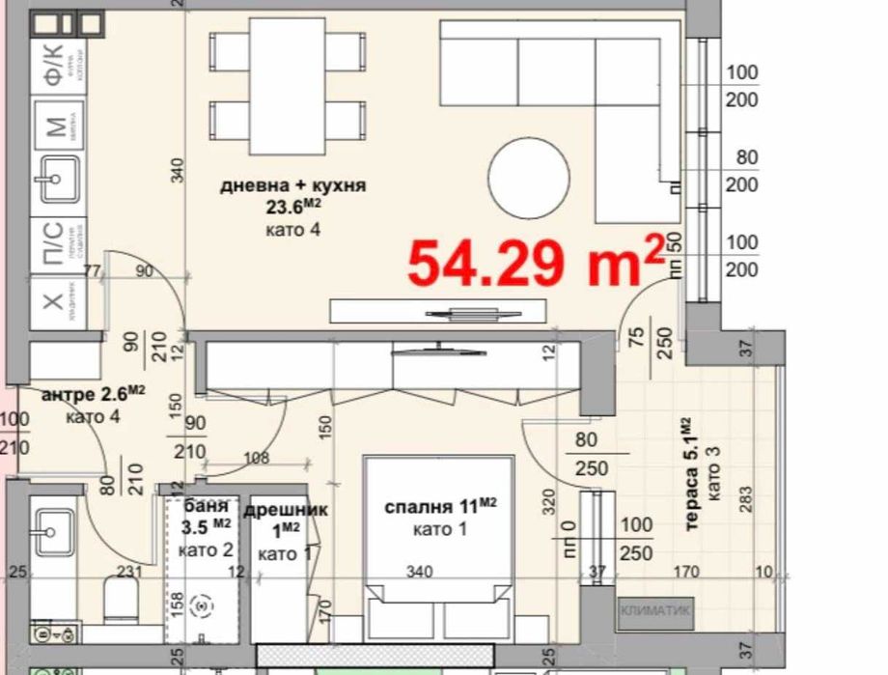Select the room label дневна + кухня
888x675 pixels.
coord(292,185)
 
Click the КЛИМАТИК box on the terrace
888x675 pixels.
coord(653,609)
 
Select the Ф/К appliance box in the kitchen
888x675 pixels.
coord(56,66)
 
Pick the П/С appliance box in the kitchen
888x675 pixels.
coord(55,242)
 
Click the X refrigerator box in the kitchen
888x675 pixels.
coord(55,302)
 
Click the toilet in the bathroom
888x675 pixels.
coord(123,600)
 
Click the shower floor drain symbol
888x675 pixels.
coord(202,605)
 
